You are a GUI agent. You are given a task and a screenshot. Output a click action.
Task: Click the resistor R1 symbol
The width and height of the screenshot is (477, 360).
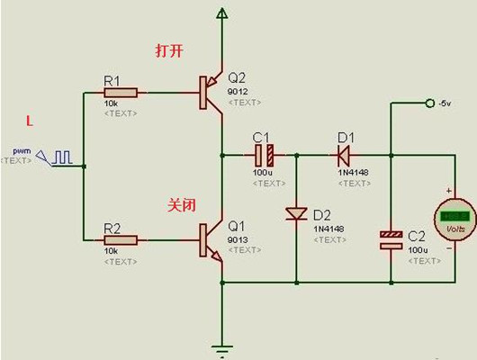[x=121, y=92]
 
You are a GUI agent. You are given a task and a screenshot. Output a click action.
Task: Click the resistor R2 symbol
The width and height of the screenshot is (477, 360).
[x=121, y=239]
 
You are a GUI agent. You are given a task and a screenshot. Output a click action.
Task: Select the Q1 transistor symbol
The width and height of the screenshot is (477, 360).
[x=211, y=240]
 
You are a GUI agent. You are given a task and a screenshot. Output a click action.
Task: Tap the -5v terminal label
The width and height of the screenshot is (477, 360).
[x=444, y=104]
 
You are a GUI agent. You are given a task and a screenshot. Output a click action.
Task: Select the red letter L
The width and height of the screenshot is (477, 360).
[x=30, y=119]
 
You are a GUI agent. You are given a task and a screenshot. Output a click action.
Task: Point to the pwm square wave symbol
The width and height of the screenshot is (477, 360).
[x=61, y=157]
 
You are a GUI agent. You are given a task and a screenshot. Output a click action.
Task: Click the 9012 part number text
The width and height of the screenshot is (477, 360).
[x=238, y=91]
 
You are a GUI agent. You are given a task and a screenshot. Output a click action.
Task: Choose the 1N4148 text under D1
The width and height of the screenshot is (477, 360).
[x=352, y=171]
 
